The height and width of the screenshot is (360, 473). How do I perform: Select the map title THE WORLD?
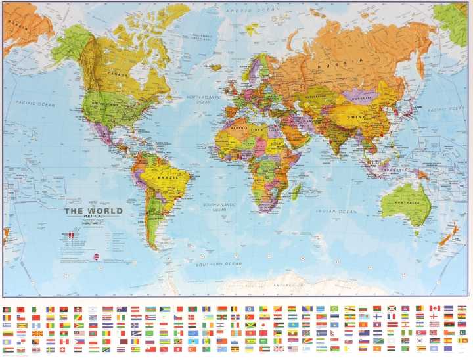pos(93,212)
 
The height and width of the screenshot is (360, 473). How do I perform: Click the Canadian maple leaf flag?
pos(434,308)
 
